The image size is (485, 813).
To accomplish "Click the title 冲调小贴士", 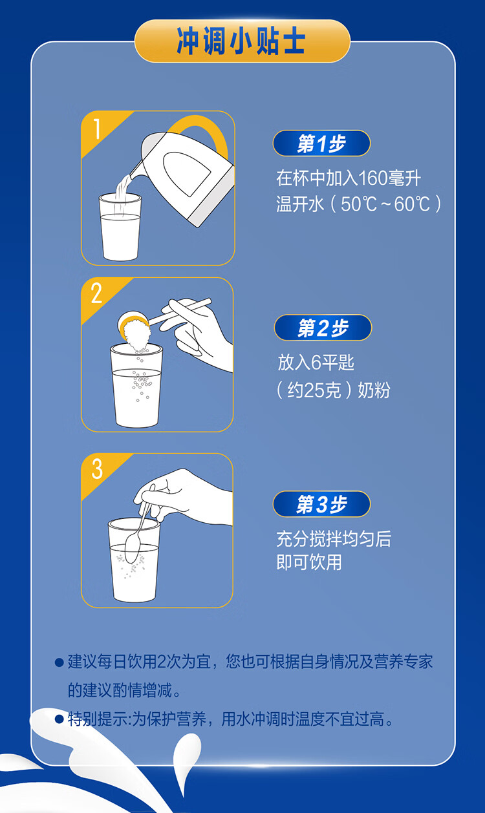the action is pos(241,41).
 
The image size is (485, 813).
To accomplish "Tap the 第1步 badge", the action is pos(321,143).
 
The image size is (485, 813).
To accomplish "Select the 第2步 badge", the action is pos(323,328).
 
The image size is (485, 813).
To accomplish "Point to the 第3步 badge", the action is pos(321,504).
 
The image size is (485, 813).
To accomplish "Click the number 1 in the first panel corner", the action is pos(96,129).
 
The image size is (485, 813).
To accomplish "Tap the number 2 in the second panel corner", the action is pos(96,293).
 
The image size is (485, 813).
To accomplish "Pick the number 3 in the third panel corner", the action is pos(97,469).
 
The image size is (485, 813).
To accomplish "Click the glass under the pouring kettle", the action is pos(120,227).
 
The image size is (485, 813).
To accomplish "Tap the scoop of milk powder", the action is pos(134,331).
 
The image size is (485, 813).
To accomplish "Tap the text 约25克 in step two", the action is pos(314,390).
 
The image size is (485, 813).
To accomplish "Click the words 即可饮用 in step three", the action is pos(309,562).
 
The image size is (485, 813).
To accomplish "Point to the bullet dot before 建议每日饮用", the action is pos(59,662).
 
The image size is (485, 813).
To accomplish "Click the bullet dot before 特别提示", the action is pos(59,719).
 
